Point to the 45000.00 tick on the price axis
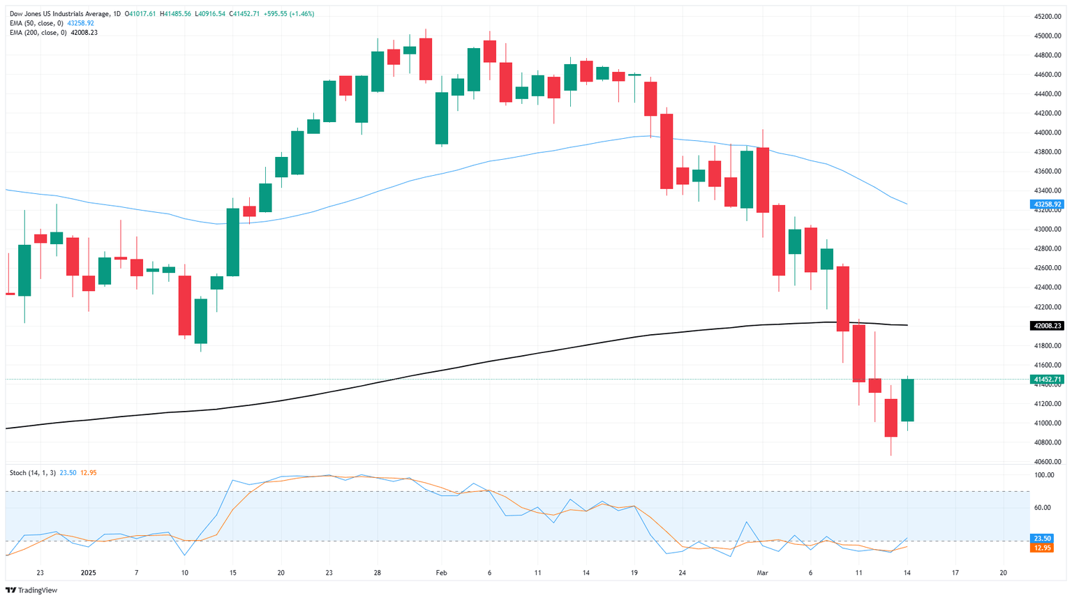(1048, 36)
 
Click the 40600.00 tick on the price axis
(1048, 462)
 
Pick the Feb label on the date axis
(441, 573)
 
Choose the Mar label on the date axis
(762, 573)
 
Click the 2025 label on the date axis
(89, 573)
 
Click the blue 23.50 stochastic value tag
(1043, 539)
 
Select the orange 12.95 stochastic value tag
(1043, 548)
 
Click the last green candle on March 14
(907, 400)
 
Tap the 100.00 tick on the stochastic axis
(1044, 475)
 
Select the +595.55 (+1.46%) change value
(289, 14)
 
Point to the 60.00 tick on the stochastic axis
(1043, 507)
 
